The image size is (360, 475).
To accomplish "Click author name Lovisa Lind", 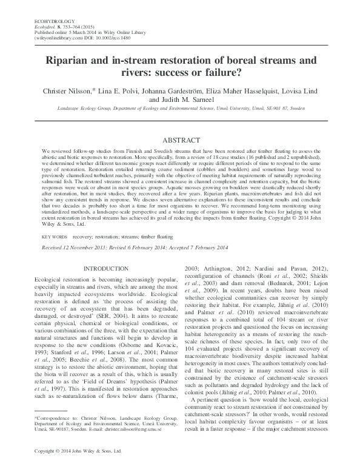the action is coord(293,90).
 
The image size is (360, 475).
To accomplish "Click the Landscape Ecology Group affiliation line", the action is coord(179,110).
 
